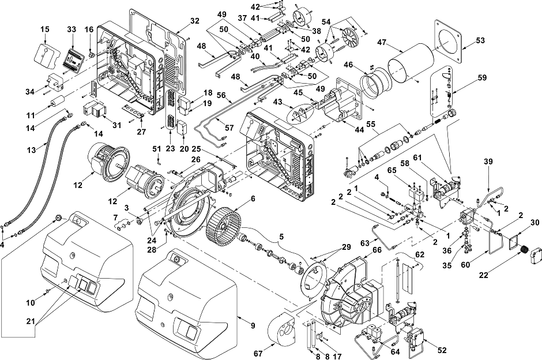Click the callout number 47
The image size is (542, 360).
[382, 43]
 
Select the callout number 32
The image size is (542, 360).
[195, 21]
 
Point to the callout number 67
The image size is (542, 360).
[258, 354]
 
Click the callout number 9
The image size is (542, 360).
[253, 325]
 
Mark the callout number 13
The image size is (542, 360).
[31, 151]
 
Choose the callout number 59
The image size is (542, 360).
[481, 77]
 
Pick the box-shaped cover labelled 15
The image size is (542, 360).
[46, 54]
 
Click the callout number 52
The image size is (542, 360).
[442, 350]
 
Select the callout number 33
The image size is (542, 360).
[71, 29]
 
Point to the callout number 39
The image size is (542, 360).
[488, 162]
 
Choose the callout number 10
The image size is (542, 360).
[31, 303]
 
